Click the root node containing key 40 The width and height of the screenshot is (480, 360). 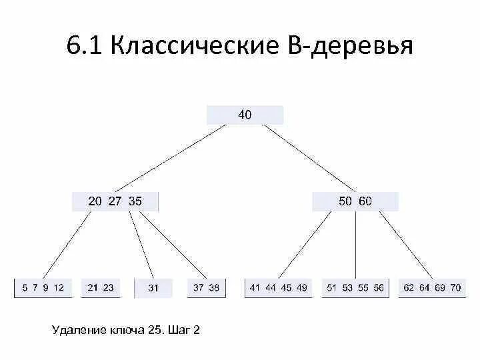[x=245, y=115]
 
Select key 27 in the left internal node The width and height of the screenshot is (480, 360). [x=115, y=201]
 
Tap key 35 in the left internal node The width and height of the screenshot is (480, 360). [x=135, y=201]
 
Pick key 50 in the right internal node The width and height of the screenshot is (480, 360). [x=345, y=201]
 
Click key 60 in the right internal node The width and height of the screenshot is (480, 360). [x=365, y=201]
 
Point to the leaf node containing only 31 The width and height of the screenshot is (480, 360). [x=153, y=288]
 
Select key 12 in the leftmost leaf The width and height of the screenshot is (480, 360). [x=59, y=288]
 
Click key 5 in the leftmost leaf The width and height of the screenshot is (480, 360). [x=25, y=288]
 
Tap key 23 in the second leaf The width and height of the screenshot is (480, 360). [x=108, y=288]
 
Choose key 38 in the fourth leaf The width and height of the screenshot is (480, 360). [x=213, y=288]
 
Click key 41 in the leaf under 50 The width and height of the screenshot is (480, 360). [x=255, y=288]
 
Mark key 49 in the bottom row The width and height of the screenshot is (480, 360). [x=301, y=288]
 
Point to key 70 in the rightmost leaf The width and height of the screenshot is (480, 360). [x=455, y=288]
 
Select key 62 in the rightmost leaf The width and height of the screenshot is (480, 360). [x=409, y=288]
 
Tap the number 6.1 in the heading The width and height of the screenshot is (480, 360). [x=84, y=47]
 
